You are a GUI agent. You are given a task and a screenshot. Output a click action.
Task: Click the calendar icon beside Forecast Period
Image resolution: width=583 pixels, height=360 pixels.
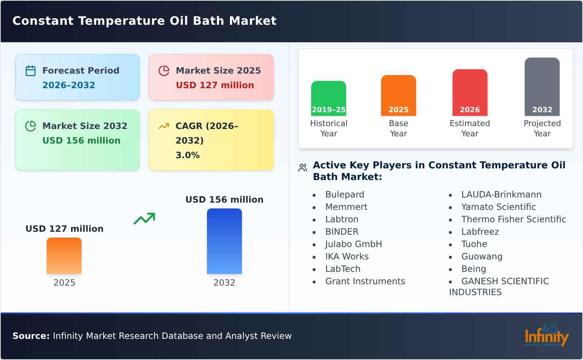point(31,71)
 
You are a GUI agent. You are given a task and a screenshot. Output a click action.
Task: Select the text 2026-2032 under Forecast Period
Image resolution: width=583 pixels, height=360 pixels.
point(69,85)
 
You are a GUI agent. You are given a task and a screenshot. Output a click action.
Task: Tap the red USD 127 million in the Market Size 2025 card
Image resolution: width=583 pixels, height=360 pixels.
point(215,85)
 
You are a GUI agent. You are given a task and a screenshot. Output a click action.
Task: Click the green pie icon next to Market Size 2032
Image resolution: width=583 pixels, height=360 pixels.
point(31,126)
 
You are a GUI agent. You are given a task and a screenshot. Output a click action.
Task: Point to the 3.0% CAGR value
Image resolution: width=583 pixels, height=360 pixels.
point(187,155)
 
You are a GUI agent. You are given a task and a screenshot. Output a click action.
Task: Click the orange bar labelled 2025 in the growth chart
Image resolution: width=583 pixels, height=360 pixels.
point(64,256)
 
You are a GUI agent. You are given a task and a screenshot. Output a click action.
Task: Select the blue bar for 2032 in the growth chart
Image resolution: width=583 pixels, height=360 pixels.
point(224,241)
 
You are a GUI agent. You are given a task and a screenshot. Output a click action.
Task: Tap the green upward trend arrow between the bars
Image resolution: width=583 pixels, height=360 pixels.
point(144,219)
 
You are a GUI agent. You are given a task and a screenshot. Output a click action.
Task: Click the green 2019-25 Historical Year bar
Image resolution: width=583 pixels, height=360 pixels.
point(328,98)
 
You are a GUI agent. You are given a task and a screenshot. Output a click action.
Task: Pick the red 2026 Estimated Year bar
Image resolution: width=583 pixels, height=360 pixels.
point(470,93)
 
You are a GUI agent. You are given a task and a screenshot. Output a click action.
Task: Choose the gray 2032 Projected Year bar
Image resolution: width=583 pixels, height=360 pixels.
point(542,87)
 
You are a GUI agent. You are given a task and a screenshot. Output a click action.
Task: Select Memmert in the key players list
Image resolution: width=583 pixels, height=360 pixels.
point(346,207)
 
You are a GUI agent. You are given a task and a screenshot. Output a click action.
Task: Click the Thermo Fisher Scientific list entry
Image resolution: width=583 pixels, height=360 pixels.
point(513,219)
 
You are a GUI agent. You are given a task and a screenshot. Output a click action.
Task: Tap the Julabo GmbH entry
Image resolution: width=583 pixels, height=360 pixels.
point(353,244)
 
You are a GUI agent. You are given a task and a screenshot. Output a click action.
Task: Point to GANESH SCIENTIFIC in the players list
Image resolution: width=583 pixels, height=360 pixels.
point(505,281)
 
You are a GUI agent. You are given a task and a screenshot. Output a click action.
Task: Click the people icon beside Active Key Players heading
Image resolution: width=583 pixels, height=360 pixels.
point(302,168)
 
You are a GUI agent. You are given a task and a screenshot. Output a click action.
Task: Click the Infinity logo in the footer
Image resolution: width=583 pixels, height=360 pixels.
point(546,336)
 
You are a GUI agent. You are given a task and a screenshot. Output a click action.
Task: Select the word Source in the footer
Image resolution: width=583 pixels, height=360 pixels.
point(31,336)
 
